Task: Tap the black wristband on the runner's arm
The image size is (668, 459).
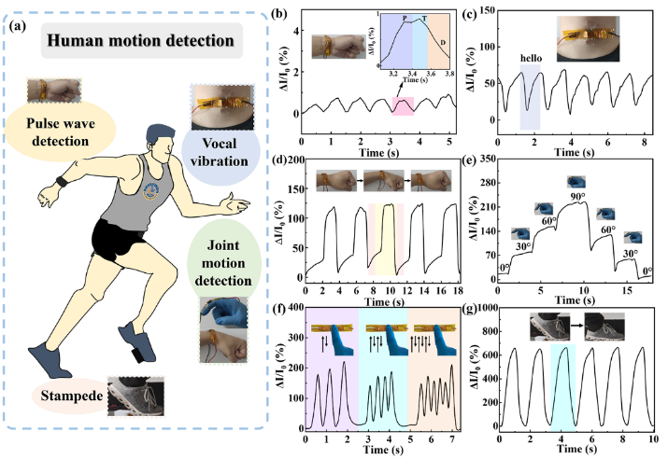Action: point(62,181)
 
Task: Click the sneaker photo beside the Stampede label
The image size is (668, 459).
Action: point(136,395)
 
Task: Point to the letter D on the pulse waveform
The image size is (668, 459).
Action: point(442,42)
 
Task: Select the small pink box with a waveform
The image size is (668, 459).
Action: point(403,106)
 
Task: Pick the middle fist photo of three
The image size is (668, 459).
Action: point(383,179)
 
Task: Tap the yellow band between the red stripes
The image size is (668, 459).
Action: point(385,241)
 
